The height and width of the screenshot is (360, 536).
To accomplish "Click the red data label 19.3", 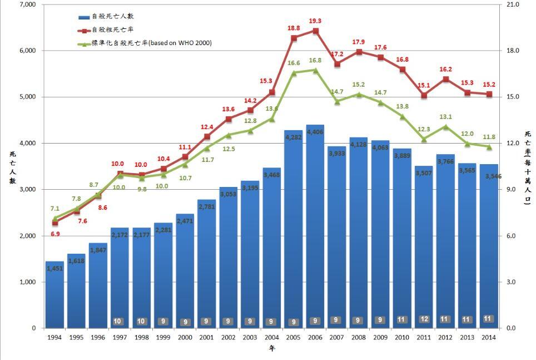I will point(315,21).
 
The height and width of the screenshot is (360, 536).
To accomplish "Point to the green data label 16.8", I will point(315,61).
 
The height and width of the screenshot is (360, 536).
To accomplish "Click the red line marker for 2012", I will point(445,80).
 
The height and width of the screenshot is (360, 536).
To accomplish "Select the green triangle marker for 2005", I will point(294,72).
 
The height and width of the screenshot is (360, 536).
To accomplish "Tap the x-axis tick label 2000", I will point(185,337).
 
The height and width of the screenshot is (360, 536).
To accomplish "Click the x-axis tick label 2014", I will point(489,337).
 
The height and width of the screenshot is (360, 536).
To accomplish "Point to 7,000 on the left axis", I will point(27,4).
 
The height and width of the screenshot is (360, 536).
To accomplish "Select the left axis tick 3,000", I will point(27,190).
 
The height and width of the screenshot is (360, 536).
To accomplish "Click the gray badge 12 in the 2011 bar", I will point(424,319).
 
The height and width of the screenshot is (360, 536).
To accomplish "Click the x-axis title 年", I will point(271,349).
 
